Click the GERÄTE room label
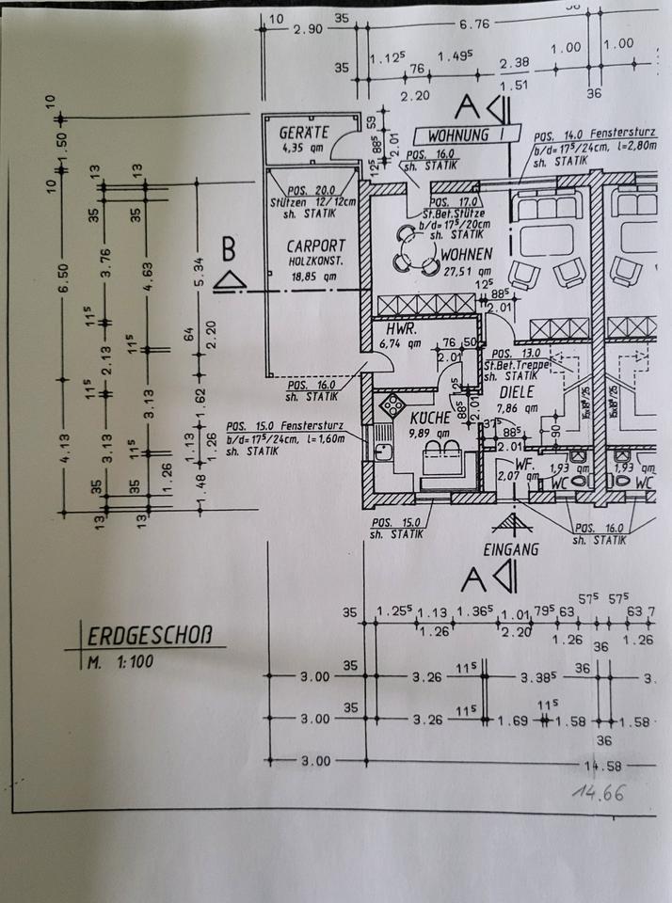click(x=304, y=132)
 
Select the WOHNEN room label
click(x=464, y=253)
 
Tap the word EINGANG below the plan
click(x=511, y=550)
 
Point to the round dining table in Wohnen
click(x=411, y=249)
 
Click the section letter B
click(x=228, y=251)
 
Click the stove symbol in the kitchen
click(x=390, y=405)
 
